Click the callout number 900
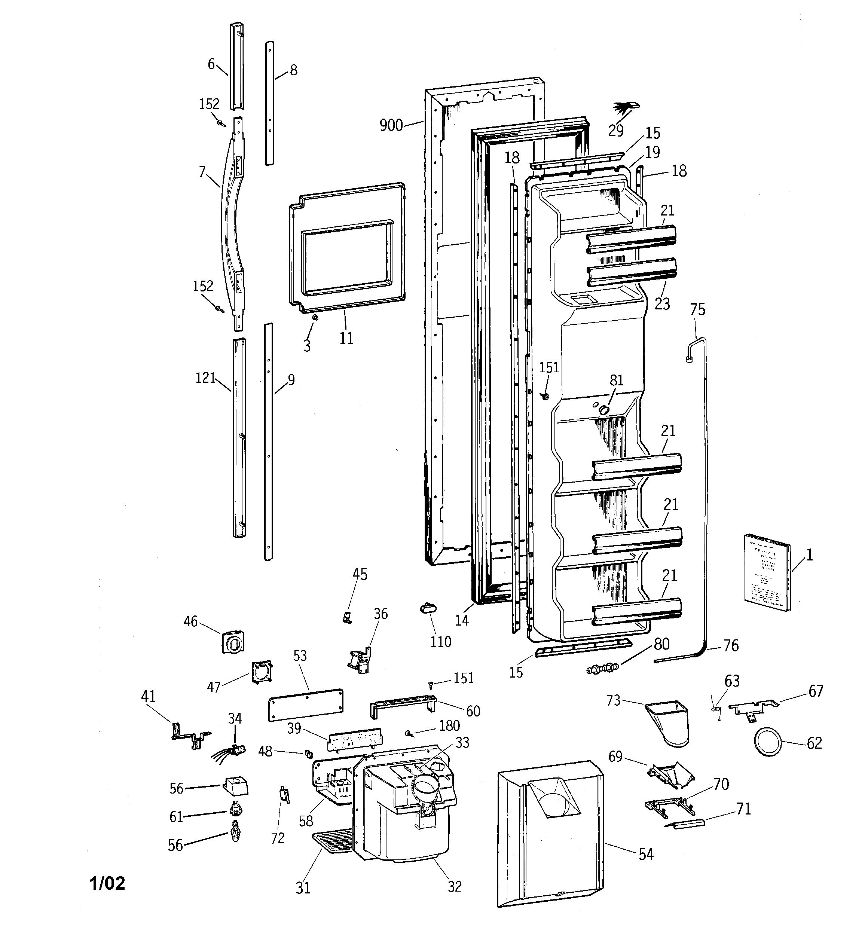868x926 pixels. click(391, 125)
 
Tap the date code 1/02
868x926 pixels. click(107, 883)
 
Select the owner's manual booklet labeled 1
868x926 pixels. click(767, 572)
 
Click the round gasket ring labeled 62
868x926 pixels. click(767, 743)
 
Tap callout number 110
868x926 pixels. click(440, 642)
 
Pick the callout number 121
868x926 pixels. click(205, 378)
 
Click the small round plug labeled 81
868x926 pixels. click(604, 409)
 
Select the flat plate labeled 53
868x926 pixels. click(306, 705)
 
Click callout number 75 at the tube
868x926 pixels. click(697, 310)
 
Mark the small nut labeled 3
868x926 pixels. click(315, 318)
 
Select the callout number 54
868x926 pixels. click(646, 854)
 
